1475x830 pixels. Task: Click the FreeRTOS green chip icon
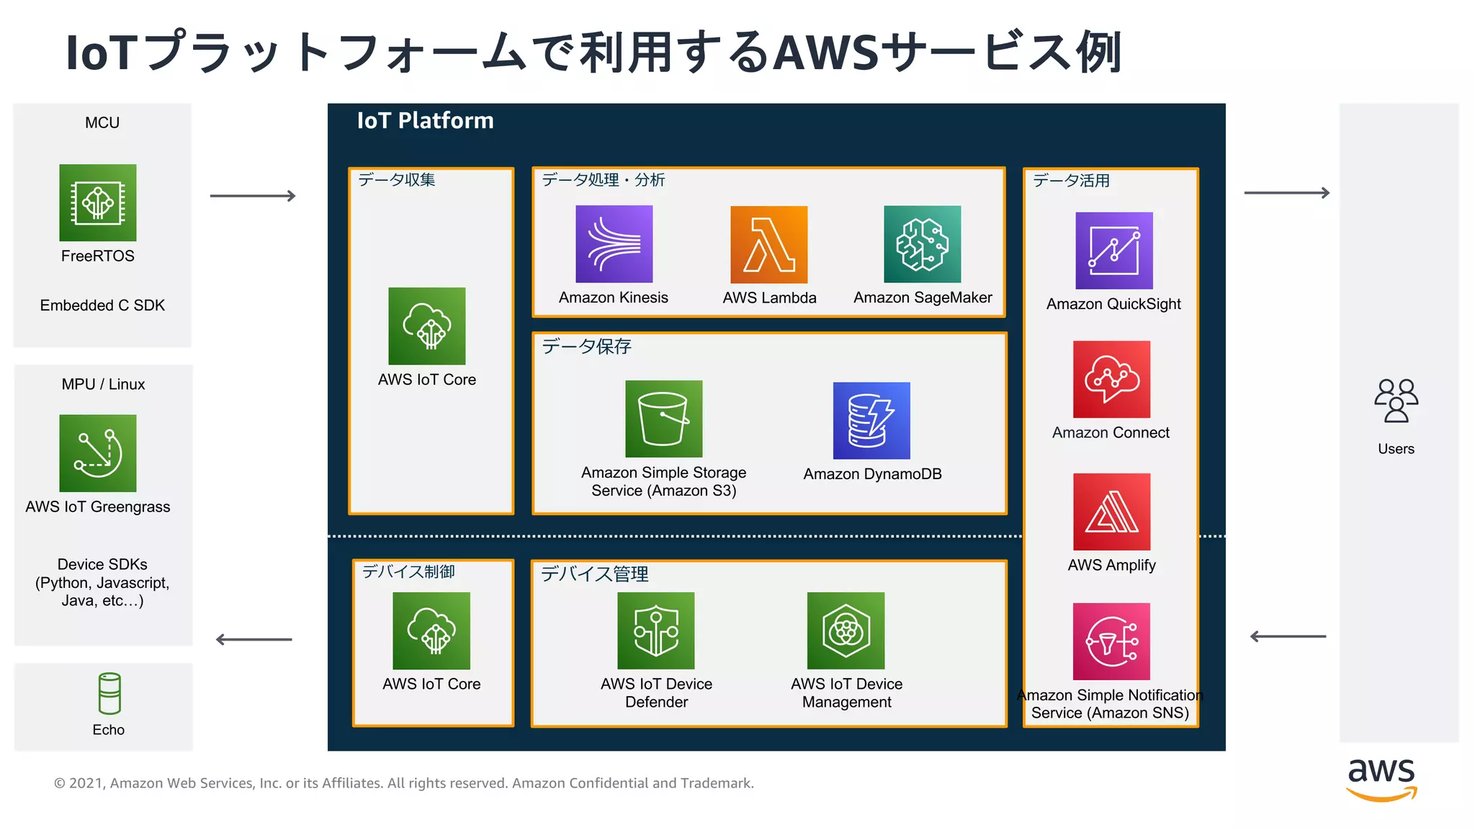(x=98, y=202)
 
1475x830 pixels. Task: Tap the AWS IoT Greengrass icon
(x=98, y=453)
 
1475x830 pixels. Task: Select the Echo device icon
(x=109, y=693)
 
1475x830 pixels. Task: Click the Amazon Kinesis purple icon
(x=614, y=244)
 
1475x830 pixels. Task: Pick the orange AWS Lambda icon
(x=768, y=244)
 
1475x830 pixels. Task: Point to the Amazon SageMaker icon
(x=922, y=244)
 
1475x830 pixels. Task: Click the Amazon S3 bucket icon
(x=663, y=419)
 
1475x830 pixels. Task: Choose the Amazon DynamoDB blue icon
(x=871, y=421)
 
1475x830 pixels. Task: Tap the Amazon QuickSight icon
(x=1113, y=251)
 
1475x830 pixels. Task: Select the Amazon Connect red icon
(x=1111, y=379)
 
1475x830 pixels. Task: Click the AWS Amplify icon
(x=1111, y=512)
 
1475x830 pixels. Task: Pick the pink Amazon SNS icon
(x=1111, y=641)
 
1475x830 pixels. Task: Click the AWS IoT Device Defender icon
(x=656, y=630)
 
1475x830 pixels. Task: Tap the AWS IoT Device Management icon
(x=846, y=630)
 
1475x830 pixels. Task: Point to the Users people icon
(x=1396, y=401)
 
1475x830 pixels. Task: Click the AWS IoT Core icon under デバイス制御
(x=431, y=630)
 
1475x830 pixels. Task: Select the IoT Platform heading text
(x=425, y=120)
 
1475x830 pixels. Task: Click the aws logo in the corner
(x=1381, y=778)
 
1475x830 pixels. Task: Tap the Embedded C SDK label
(x=102, y=305)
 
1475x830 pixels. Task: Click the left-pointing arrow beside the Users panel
(x=1288, y=636)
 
